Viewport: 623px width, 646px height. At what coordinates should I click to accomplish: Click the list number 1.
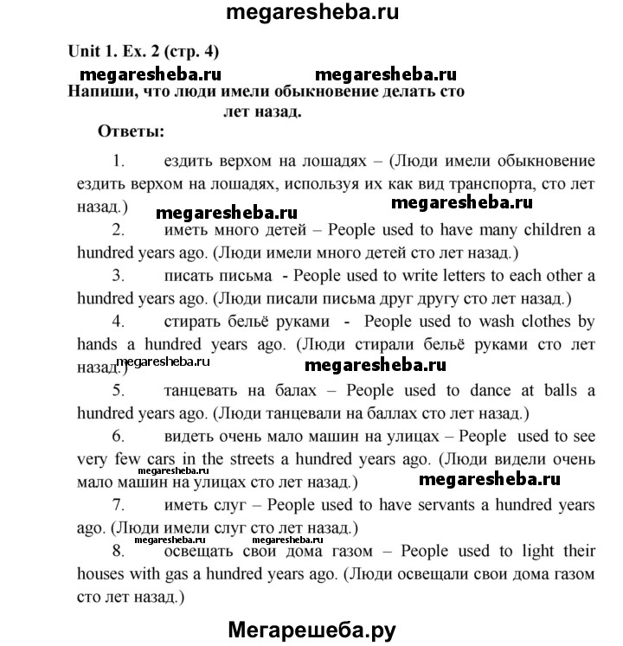[x=119, y=161]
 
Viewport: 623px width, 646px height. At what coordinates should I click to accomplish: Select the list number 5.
[x=119, y=391]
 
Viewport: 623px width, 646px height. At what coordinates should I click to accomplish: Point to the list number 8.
[x=119, y=551]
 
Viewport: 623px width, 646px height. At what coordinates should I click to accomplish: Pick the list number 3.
[x=119, y=276]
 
